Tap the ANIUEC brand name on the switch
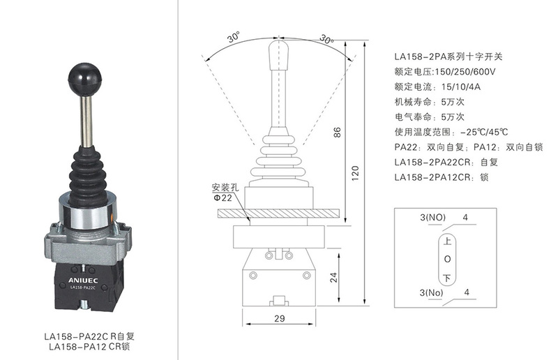click(83, 280)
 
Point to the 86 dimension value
click(337, 132)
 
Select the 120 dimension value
click(355, 173)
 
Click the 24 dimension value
click(333, 278)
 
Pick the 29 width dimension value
click(280, 318)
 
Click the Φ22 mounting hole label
click(223, 197)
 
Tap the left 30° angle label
click(234, 37)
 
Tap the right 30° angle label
click(326, 38)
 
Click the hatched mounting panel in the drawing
click(281, 213)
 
